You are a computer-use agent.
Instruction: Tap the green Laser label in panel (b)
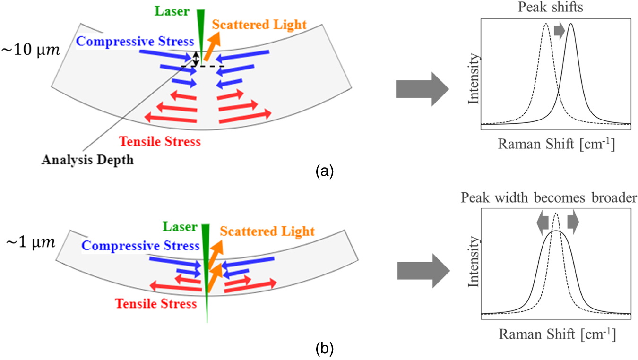click(x=180, y=226)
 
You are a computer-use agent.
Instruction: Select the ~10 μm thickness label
click(x=31, y=49)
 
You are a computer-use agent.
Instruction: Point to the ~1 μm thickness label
click(x=28, y=242)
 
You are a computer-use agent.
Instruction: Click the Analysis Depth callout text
click(x=87, y=160)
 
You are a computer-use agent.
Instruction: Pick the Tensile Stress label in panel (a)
click(x=160, y=141)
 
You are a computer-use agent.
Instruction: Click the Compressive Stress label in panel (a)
click(x=135, y=41)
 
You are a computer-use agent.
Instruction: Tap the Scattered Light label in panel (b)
click(x=267, y=231)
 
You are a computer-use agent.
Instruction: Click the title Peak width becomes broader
click(x=556, y=198)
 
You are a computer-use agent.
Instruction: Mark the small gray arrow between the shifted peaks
click(x=559, y=31)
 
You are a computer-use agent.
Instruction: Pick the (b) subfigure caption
click(x=325, y=349)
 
